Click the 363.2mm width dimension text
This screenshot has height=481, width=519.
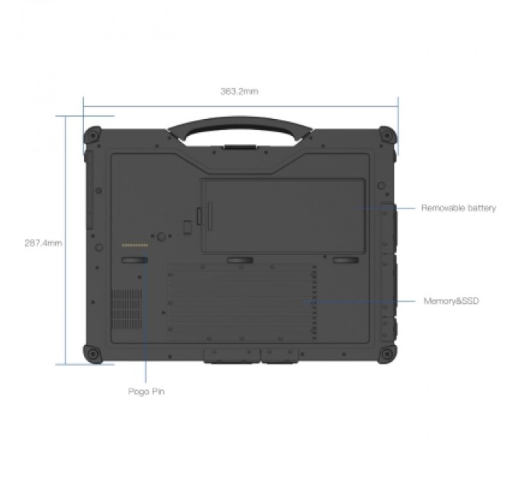240,91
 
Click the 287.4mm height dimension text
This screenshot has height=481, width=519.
44,244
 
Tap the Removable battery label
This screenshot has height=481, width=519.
459,208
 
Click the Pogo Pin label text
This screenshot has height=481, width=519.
146,392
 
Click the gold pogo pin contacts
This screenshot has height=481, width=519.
135,246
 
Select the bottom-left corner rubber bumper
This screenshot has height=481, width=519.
93,353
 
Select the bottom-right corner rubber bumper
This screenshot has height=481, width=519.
387,353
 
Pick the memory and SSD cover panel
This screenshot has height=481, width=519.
240,303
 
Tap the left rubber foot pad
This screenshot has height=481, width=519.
135,261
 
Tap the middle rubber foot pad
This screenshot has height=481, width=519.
240,261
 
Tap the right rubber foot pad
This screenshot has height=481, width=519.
345,261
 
